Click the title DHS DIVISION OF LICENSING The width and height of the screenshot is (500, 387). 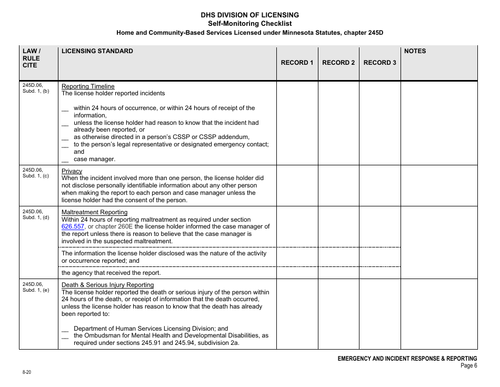pos(250,15)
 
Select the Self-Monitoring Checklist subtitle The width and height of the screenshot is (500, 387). pos(250,23)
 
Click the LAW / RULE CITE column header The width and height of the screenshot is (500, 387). pos(31,58)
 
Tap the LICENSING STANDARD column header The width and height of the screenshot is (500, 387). pos(97,51)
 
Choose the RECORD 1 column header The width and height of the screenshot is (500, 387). pos(297,63)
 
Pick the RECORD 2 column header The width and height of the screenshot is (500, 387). pos(338,63)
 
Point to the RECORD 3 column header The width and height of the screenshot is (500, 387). pos(379,63)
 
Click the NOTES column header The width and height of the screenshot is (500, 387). pos(415,51)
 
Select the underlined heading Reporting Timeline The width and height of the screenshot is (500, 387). pos(88,86)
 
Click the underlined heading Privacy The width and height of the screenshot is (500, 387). pos(72,171)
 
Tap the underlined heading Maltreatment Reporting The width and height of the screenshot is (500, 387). pos(94,212)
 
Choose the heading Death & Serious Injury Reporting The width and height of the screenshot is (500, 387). pos(107,285)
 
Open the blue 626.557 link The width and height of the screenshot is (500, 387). pos(73,226)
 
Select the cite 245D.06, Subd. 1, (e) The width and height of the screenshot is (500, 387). pos(35,287)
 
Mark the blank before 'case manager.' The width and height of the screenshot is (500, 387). pos(65,160)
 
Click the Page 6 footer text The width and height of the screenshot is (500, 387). pos(468,366)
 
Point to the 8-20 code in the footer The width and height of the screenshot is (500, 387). pos(26,372)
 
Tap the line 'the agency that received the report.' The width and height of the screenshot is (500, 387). pos(111,273)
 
